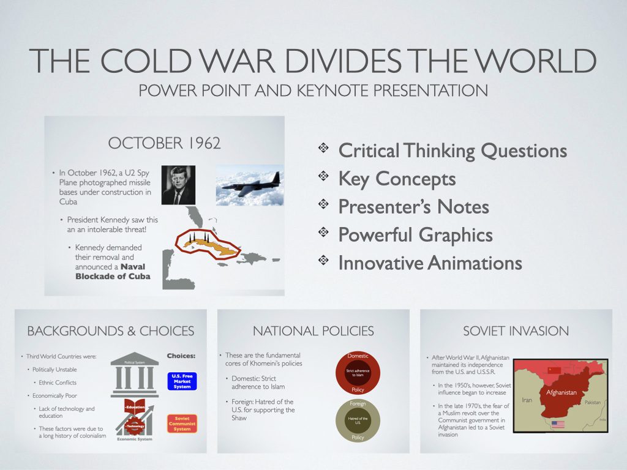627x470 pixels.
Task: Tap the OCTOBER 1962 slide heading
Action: [x=164, y=143]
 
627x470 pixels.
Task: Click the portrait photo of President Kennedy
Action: [x=178, y=185]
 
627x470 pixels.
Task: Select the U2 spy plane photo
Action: [x=249, y=185]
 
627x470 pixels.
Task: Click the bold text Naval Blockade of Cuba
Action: [x=113, y=271]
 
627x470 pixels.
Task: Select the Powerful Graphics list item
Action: [x=415, y=234]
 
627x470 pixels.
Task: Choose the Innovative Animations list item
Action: [x=430, y=263]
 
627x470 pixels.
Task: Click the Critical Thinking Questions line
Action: [x=452, y=150]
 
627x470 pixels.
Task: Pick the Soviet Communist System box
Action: [x=182, y=423]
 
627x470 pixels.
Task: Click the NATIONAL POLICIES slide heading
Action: [x=313, y=331]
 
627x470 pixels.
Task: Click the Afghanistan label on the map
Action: [x=561, y=392]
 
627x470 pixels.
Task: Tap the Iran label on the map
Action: [x=527, y=400]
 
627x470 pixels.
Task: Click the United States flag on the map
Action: [x=558, y=424]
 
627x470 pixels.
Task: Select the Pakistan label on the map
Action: [x=592, y=402]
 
